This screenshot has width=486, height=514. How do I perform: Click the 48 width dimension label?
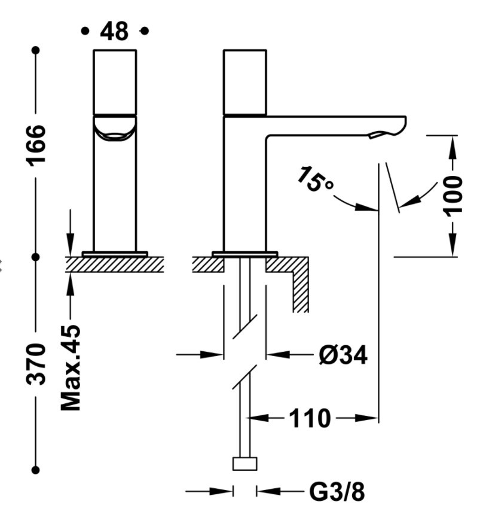114,31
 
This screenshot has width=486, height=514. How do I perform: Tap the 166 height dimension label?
37,144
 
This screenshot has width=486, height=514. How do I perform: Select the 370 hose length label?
37,364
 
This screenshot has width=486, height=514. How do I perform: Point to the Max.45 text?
71,367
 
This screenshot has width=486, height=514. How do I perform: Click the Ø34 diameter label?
343,355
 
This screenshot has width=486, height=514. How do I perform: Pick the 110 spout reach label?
310,418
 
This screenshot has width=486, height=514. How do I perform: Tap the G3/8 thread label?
337,492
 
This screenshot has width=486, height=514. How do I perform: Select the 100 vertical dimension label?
454,194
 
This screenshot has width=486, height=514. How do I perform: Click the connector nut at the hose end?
244,464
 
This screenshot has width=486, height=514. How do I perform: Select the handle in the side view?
244,82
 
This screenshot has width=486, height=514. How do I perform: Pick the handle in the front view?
115,81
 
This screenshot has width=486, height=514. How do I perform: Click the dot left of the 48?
85,31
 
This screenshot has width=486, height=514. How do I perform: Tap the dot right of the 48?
144,31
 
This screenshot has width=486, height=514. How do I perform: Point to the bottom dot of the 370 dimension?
36,470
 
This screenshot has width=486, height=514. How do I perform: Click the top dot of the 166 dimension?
36,50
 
